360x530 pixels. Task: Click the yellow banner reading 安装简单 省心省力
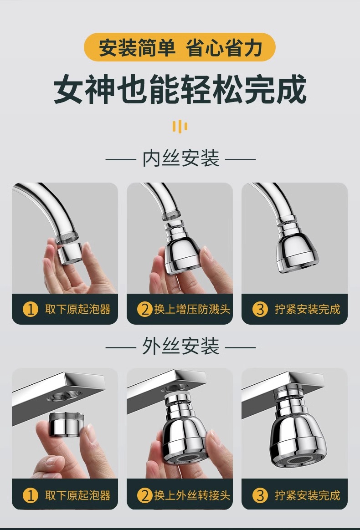tap(180, 47)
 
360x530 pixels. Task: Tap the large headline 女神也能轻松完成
tap(180, 89)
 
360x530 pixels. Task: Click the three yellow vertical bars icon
tap(180, 127)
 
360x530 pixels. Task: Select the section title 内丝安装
tap(180, 158)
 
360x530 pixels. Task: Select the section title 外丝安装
tap(180, 347)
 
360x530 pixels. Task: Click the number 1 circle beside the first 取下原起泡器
tap(30, 309)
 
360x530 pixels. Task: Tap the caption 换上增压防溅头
tap(192, 309)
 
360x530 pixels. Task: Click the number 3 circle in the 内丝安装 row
tap(260, 309)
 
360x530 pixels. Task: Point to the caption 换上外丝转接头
tap(192, 495)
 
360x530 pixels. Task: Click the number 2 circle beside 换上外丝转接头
tap(145, 495)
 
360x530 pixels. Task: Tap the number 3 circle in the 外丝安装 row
tap(260, 495)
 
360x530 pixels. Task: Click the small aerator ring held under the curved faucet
tap(69, 253)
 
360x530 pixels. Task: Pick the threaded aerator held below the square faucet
tap(67, 424)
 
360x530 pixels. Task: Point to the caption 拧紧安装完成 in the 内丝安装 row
tap(307, 309)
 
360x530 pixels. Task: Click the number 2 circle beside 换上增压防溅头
tap(145, 309)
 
